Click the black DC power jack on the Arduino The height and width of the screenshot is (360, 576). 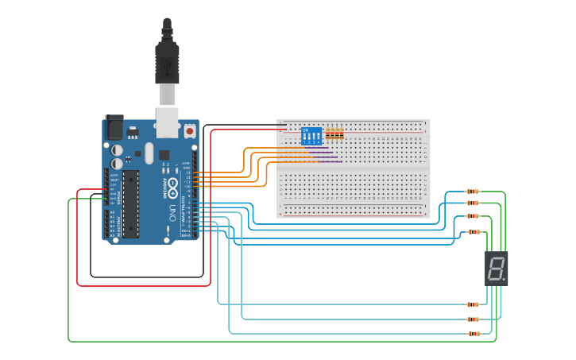tap(114, 127)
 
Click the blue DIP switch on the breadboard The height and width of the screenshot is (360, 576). tap(311, 136)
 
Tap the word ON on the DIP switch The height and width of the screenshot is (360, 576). tap(306, 130)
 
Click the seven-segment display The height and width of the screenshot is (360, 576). tap(496, 269)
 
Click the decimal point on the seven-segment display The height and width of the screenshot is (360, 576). tap(504, 279)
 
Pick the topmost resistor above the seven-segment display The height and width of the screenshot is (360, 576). tap(473, 192)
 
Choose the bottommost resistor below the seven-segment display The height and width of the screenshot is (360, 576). tap(474, 334)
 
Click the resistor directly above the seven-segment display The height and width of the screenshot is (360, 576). tap(474, 232)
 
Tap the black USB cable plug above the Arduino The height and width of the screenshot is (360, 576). tap(167, 60)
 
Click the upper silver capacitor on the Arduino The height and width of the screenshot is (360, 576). tap(118, 149)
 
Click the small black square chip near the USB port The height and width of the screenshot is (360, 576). tap(164, 155)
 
